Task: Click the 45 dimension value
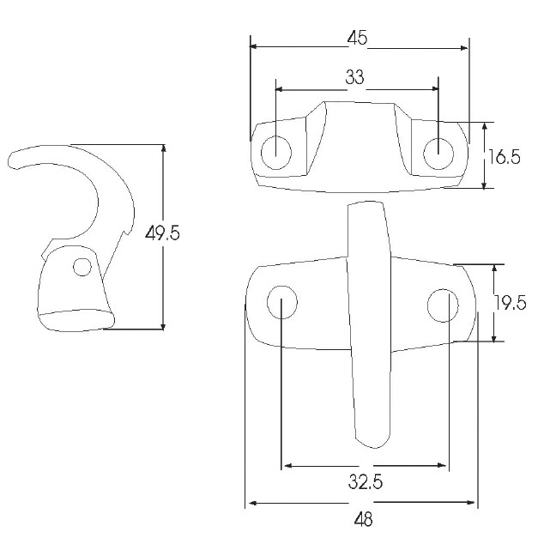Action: coord(357,37)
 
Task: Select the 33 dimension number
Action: coord(355,76)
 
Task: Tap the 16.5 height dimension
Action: coord(505,157)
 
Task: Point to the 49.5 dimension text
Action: coord(162,233)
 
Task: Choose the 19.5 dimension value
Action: coord(510,303)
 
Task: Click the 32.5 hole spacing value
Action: coord(366,481)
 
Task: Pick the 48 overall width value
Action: coord(363,519)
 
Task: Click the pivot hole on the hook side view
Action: coord(82,267)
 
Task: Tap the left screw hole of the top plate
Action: coord(275,153)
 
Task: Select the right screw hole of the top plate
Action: coord(438,154)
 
